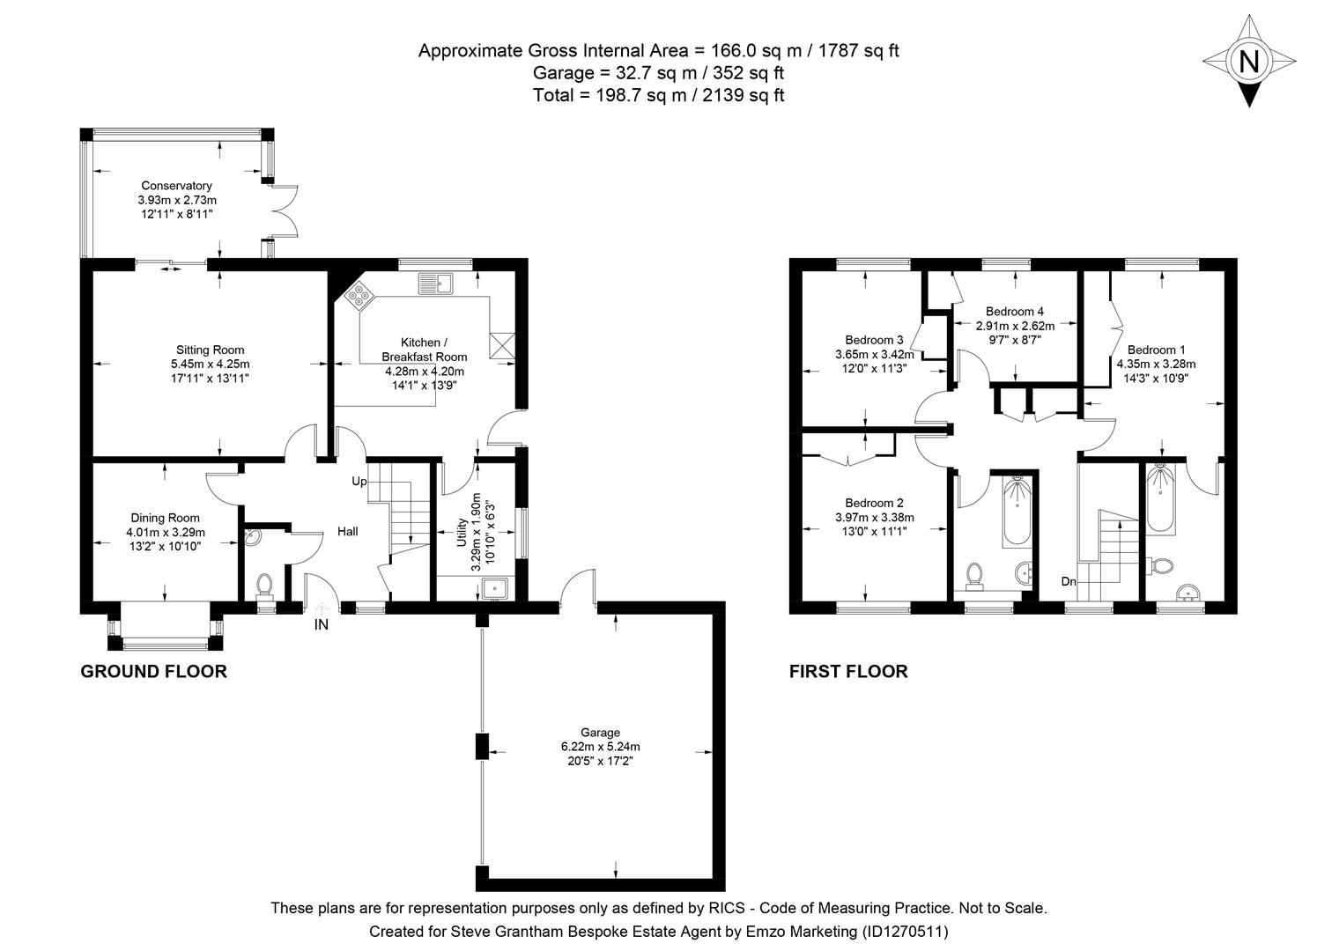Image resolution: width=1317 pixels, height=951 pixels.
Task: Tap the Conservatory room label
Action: [176, 186]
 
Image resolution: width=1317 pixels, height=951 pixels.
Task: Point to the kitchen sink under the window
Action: [435, 284]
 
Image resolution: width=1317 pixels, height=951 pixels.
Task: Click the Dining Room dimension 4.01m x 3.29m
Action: [166, 532]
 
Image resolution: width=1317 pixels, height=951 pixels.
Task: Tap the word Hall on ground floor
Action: [347, 531]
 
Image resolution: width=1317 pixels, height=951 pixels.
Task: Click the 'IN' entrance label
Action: [322, 624]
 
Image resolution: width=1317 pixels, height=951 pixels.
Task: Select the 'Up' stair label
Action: [359, 482]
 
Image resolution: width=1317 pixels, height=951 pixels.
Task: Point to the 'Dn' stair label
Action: [1069, 581]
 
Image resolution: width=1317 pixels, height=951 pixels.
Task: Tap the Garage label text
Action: [600, 732]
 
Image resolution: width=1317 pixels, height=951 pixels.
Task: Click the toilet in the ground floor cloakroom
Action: [265, 584]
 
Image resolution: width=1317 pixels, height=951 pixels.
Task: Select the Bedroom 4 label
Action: [1015, 311]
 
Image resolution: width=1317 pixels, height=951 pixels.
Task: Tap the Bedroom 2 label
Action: [874, 504]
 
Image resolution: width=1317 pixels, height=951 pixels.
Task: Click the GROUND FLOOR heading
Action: [153, 672]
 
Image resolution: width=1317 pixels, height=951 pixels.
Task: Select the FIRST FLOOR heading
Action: [847, 672]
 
